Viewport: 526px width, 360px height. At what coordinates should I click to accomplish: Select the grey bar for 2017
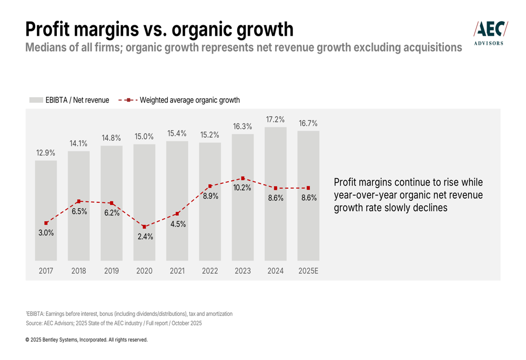click(46, 210)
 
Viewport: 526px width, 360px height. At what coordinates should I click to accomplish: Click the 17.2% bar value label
click(275, 119)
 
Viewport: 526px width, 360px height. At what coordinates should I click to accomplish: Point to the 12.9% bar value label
click(46, 153)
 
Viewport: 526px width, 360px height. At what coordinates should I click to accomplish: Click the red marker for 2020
click(144, 227)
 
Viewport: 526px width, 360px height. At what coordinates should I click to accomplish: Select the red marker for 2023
click(242, 179)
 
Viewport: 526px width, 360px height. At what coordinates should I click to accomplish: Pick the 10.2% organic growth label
click(242, 188)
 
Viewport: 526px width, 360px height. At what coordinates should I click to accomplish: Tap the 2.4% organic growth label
click(144, 236)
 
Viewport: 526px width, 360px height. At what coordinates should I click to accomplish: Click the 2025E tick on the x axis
click(308, 271)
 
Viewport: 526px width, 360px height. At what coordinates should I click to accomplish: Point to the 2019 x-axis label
click(112, 271)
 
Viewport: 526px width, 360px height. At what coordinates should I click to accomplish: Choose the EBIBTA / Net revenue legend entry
click(69, 100)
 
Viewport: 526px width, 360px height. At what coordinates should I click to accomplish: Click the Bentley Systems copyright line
click(87, 340)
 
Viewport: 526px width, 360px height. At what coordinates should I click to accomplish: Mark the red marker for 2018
click(79, 201)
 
